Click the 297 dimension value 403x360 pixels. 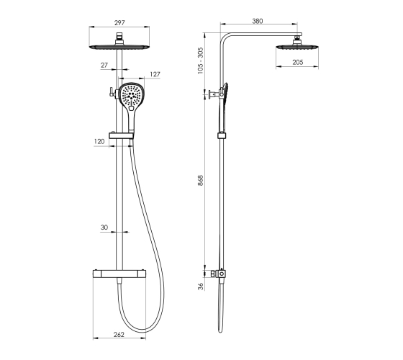pyautogui.click(x=119, y=23)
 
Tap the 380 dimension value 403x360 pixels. pyautogui.click(x=258, y=21)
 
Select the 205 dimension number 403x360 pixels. pyautogui.click(x=298, y=62)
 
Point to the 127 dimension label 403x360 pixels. pyautogui.click(x=155, y=74)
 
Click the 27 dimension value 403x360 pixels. pyautogui.click(x=104, y=66)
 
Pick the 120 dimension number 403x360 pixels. pyautogui.click(x=99, y=142)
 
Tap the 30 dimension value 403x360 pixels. pyautogui.click(x=104, y=228)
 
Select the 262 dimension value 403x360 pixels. pyautogui.click(x=119, y=334)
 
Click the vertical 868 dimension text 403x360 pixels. pyautogui.click(x=201, y=180)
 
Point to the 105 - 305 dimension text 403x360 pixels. pyautogui.click(x=201, y=60)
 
